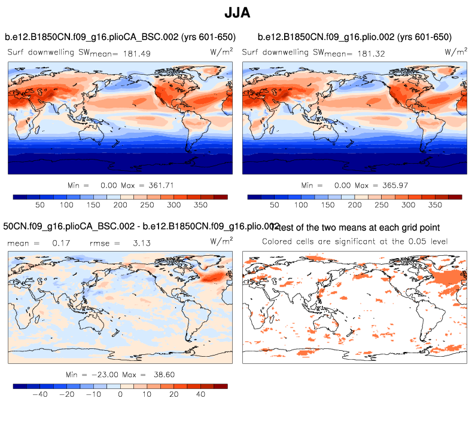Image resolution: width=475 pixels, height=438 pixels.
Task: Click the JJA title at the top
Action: [x=237, y=13]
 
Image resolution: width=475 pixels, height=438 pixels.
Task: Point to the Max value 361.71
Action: [x=160, y=185]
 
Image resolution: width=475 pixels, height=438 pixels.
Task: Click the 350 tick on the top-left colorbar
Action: [x=200, y=205]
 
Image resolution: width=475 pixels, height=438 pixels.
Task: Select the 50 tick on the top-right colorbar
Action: [x=275, y=205]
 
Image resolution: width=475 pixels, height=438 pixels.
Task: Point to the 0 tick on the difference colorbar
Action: [x=120, y=395]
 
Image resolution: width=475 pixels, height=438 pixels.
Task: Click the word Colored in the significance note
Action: [x=279, y=241]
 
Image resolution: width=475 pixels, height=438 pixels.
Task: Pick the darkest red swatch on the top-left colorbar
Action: [x=221, y=196]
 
